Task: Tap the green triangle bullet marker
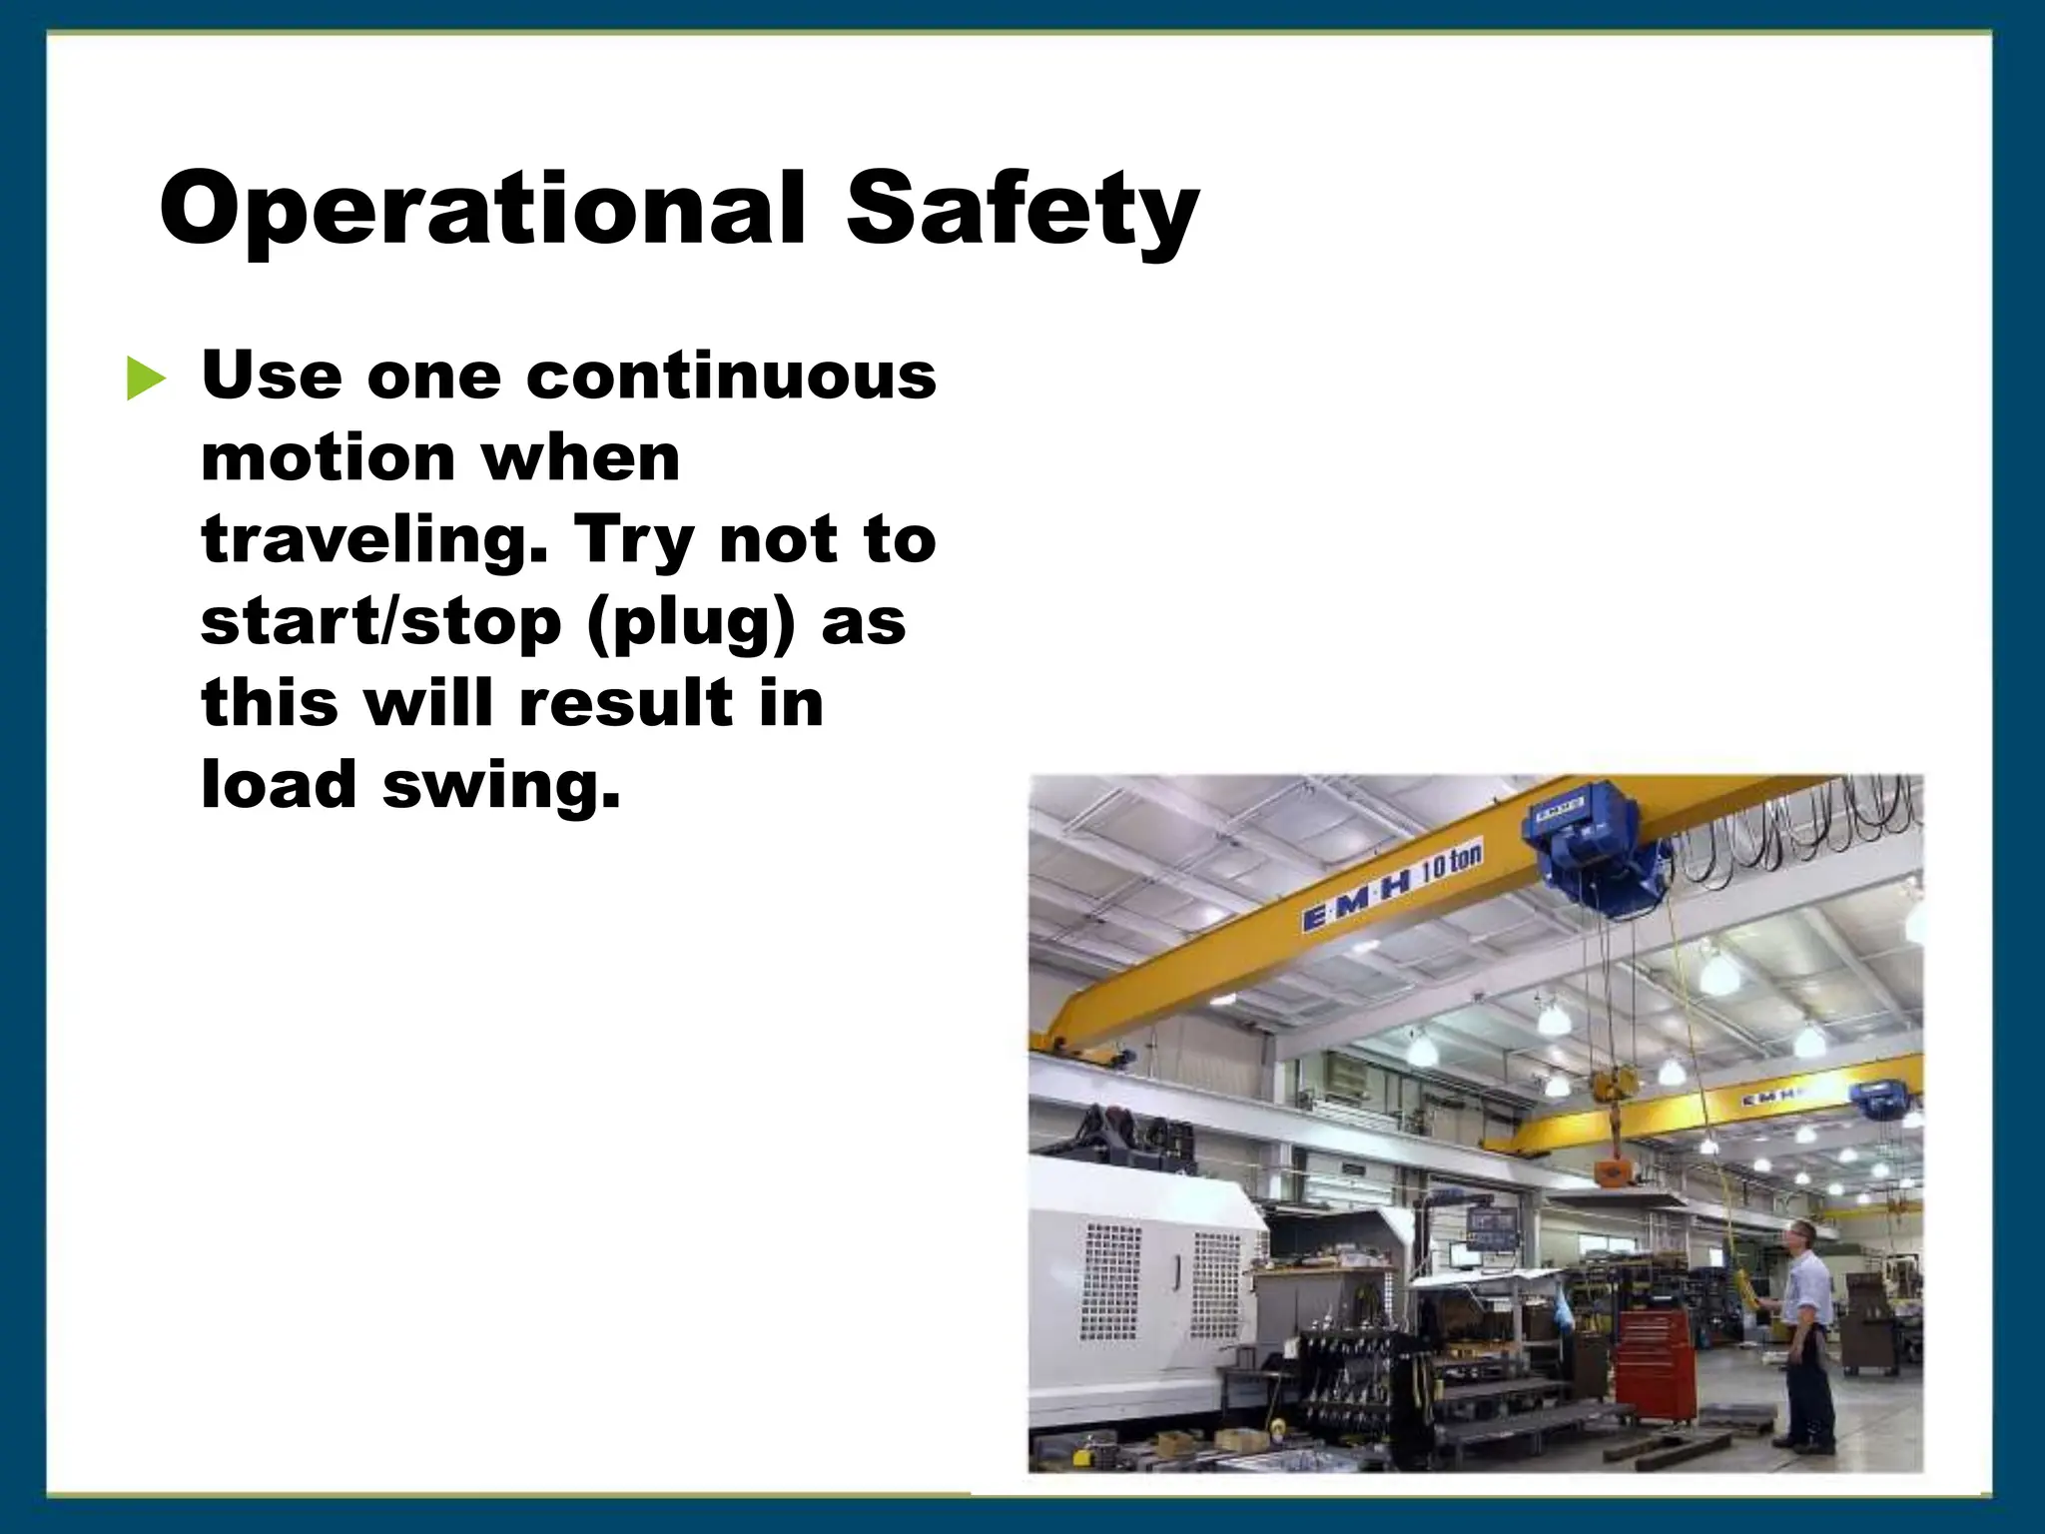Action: [x=146, y=380]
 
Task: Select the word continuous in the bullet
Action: [x=731, y=377]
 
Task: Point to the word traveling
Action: [x=374, y=540]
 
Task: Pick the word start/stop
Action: [x=381, y=622]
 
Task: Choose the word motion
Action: [x=328, y=458]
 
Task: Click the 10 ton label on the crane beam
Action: [x=1451, y=861]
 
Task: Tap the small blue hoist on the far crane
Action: [x=1880, y=1103]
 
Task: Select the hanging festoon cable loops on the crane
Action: [x=1797, y=839]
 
